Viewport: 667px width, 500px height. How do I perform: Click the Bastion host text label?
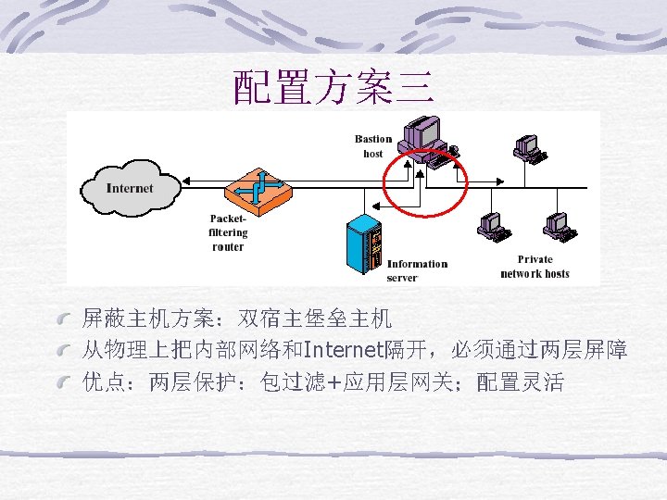pyautogui.click(x=373, y=146)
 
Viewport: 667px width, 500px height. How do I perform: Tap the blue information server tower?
pyautogui.click(x=363, y=245)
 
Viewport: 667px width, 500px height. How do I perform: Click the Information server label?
pyautogui.click(x=417, y=270)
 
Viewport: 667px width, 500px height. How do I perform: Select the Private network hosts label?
pyautogui.click(x=535, y=267)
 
